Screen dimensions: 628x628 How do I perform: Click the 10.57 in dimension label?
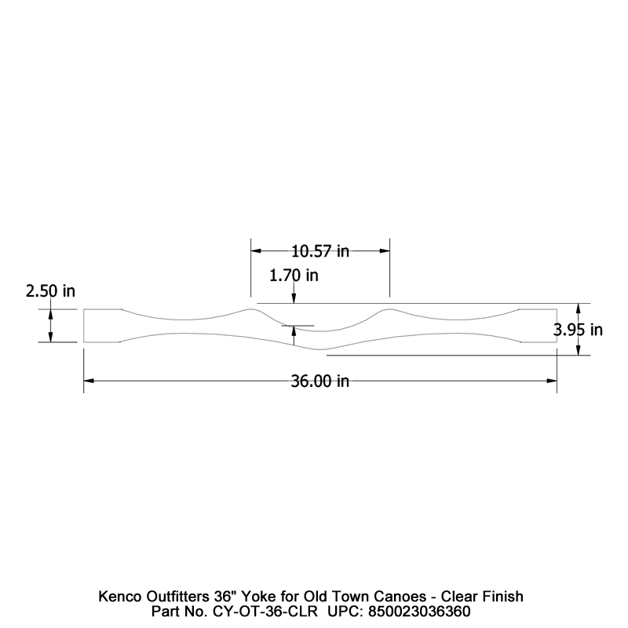320,251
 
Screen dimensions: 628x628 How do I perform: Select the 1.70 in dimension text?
294,276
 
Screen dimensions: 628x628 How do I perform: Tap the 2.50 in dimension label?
50,291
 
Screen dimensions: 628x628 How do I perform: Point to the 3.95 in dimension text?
578,330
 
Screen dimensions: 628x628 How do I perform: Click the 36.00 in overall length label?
320,382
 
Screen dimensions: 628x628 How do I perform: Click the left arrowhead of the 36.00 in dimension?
89,382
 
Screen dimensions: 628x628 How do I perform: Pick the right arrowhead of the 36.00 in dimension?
552,382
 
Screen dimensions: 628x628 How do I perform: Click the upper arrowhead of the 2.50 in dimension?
51,314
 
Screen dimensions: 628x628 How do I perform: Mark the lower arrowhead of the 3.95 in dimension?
579,350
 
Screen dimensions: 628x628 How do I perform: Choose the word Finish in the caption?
502,596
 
